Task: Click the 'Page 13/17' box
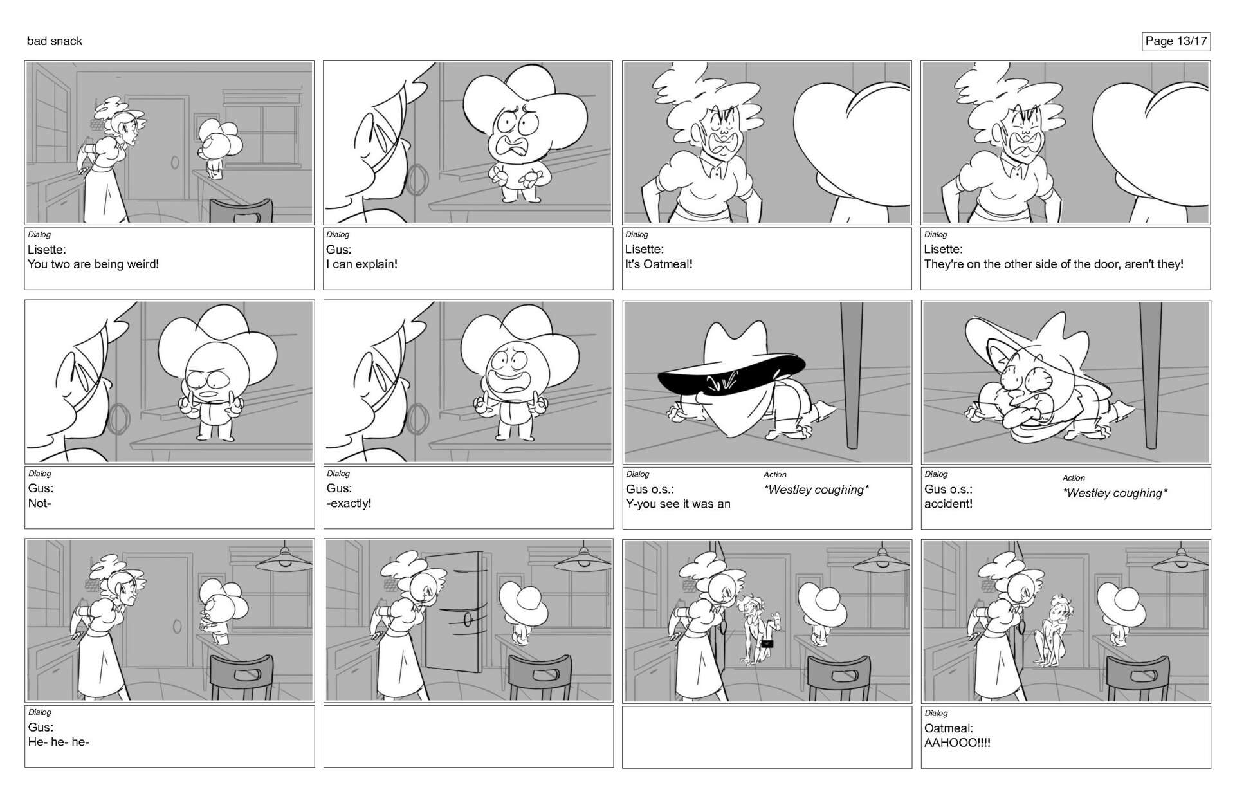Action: pyautogui.click(x=1176, y=41)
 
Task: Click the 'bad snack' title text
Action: pyautogui.click(x=55, y=41)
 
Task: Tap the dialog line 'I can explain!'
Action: pyautogui.click(x=361, y=264)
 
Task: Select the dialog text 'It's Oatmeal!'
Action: pyautogui.click(x=659, y=264)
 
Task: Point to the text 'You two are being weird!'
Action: pyautogui.click(x=93, y=264)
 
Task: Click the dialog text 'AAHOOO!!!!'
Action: pyautogui.click(x=957, y=743)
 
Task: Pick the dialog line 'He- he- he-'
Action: pyautogui.click(x=59, y=742)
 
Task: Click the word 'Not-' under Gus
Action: pyautogui.click(x=40, y=503)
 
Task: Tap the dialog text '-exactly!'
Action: pyautogui.click(x=349, y=503)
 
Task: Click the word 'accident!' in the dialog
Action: pyautogui.click(x=948, y=504)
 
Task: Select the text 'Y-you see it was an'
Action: pyautogui.click(x=678, y=504)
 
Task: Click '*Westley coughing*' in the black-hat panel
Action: pyautogui.click(x=816, y=490)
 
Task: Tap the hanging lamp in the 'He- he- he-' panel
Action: pyautogui.click(x=284, y=560)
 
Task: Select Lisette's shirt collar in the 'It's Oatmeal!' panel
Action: pyautogui.click(x=708, y=168)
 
